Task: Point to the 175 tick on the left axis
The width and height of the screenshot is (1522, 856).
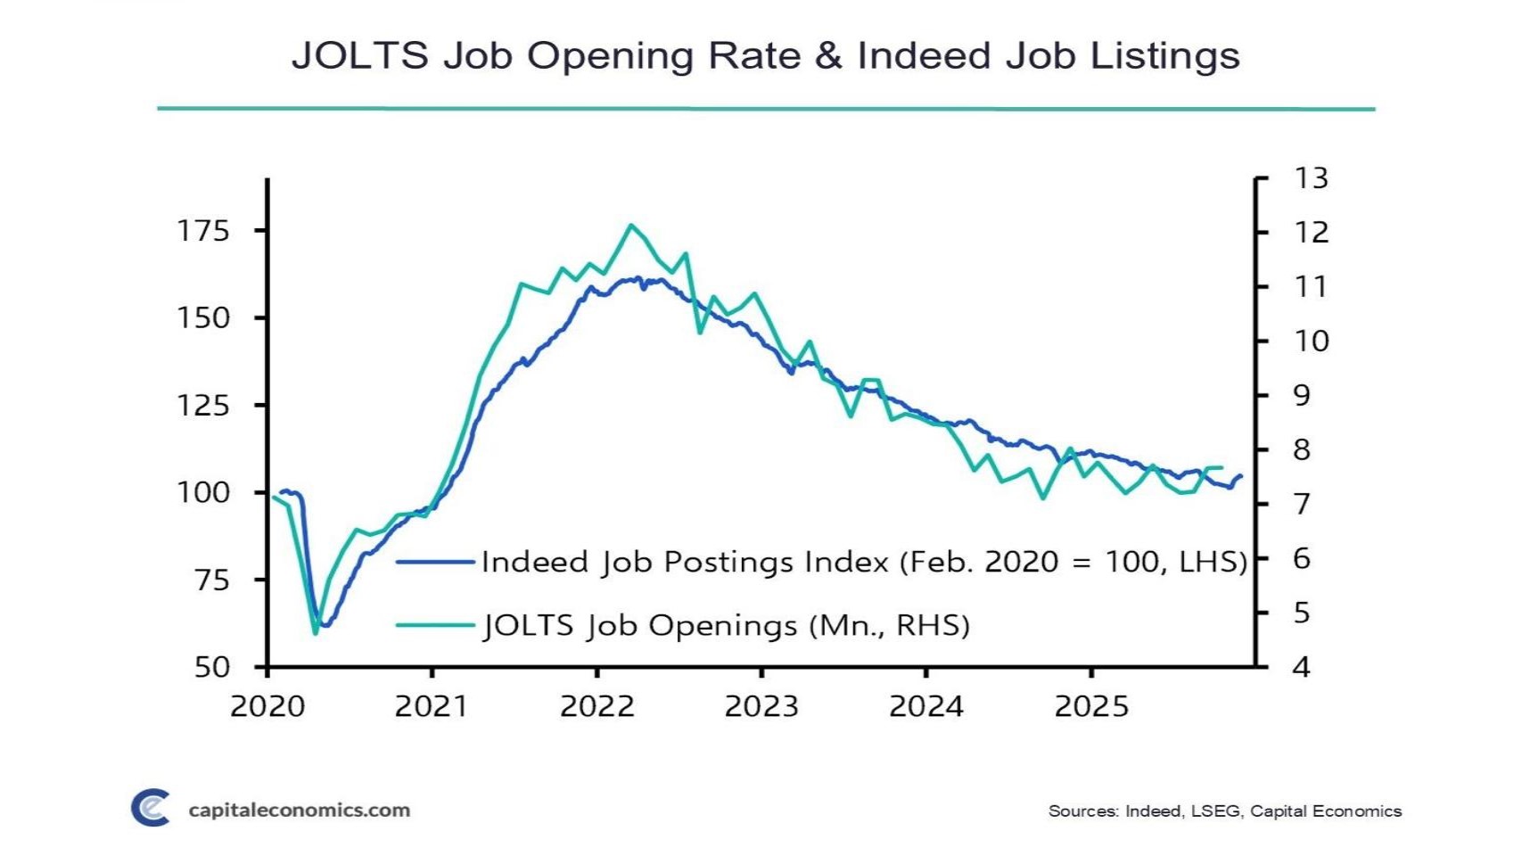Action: [x=203, y=231]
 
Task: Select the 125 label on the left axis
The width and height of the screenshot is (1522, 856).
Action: [x=203, y=406]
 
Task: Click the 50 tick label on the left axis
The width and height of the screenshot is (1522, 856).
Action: [x=212, y=667]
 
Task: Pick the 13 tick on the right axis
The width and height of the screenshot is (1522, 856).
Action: [x=1311, y=178]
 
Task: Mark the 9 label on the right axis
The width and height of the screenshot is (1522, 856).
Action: [x=1302, y=395]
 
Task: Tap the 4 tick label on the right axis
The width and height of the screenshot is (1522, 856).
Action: [x=1302, y=667]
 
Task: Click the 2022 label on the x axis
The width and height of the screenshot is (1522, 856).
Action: [x=596, y=707]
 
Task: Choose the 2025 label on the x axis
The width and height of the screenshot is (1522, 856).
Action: [x=1091, y=707]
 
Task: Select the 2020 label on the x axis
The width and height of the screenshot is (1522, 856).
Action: [x=267, y=707]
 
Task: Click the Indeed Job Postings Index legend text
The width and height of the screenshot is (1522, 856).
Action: [x=863, y=562]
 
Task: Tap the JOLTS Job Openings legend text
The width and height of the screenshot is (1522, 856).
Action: [x=726, y=625]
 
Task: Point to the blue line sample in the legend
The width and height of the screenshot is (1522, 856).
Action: [x=435, y=562]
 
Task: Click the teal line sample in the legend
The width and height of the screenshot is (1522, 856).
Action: [x=435, y=625]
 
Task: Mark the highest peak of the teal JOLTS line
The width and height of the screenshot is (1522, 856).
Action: [x=630, y=225]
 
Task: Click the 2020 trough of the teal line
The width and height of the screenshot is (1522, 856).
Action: [x=315, y=633]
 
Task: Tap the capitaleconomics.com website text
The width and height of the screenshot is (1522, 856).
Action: [x=300, y=811]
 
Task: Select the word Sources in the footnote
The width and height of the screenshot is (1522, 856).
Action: [x=1082, y=811]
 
